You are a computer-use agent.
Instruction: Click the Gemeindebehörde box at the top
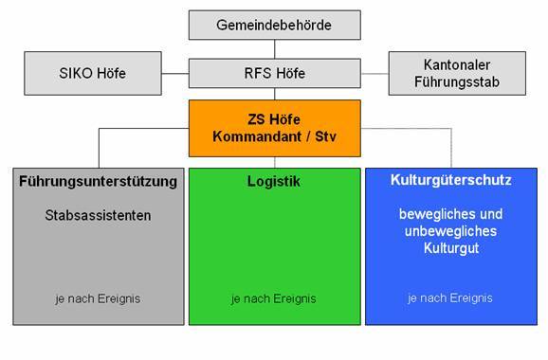coord(275,25)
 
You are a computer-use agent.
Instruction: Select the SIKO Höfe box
coord(93,73)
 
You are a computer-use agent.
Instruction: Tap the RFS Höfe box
coord(275,73)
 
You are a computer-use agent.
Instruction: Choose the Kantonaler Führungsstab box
coord(457,73)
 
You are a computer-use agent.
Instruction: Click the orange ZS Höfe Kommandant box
coord(275,128)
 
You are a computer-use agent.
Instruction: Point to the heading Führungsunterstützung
coord(99,182)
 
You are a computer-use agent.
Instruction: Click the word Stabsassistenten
coord(99,215)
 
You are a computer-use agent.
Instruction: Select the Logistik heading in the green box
coord(274,182)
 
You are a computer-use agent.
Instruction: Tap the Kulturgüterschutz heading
coord(451,180)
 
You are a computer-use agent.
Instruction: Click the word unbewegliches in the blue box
coord(451,231)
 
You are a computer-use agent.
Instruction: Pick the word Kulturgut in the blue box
coord(451,248)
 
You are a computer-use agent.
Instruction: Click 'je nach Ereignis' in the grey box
coord(98,298)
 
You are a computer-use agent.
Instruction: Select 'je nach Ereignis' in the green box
coord(274,298)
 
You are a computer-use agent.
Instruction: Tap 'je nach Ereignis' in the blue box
coord(450,298)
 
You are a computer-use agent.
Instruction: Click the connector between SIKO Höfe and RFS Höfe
coord(175,74)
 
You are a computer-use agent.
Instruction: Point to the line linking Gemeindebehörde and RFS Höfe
coord(275,49)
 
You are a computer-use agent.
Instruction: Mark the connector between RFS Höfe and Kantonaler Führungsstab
coord(374,74)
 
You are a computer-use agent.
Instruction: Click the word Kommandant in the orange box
coord(257,136)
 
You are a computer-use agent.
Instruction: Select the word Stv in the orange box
coord(326,136)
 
